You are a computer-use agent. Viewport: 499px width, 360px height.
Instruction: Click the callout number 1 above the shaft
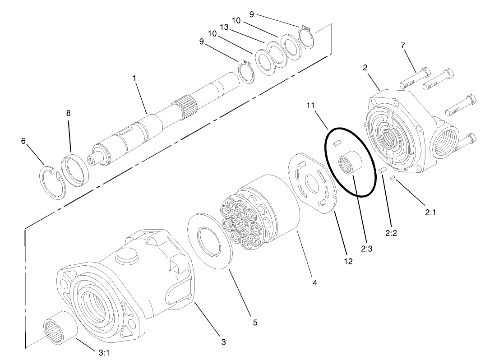pyautogui.click(x=134, y=78)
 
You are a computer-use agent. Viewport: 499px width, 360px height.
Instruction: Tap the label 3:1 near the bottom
pyautogui.click(x=104, y=353)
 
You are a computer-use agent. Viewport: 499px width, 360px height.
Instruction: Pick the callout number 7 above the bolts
pyautogui.click(x=403, y=45)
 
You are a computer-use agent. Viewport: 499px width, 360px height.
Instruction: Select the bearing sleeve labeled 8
pyautogui.click(x=75, y=170)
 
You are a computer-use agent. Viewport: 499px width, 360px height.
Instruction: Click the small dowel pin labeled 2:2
pyautogui.click(x=381, y=171)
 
